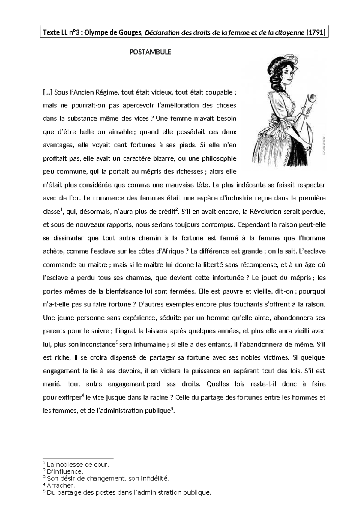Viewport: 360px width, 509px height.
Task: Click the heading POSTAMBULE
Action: tap(150, 52)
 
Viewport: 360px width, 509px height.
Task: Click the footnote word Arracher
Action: tap(61, 486)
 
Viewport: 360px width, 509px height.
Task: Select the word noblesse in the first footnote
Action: tap(67, 465)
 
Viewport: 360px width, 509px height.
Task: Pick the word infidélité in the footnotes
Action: tap(154, 479)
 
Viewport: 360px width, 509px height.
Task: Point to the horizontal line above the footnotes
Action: tap(78, 459)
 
